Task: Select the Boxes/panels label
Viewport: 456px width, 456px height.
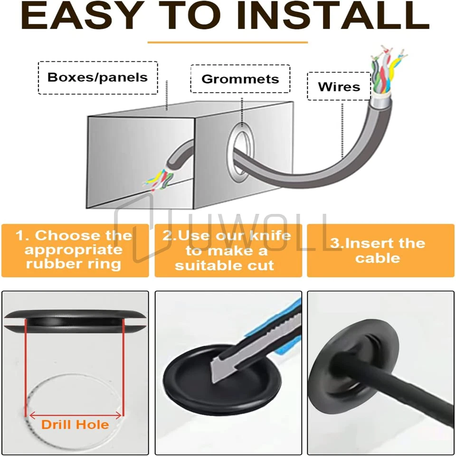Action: click(98, 77)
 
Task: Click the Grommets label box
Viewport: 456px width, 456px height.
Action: click(240, 79)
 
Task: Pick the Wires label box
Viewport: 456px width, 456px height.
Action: click(339, 86)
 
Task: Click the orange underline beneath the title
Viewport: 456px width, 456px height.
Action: click(228, 42)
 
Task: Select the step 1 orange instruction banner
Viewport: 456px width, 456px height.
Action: click(75, 250)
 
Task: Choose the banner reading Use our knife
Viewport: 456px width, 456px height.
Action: click(228, 250)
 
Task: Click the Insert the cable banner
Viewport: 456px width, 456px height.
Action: click(380, 250)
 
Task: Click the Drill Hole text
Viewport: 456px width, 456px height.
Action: click(75, 425)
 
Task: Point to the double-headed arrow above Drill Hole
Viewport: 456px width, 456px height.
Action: click(76, 416)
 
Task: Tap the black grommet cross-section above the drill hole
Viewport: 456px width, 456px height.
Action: click(75, 320)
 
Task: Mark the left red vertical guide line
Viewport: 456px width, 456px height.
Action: click(26, 368)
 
